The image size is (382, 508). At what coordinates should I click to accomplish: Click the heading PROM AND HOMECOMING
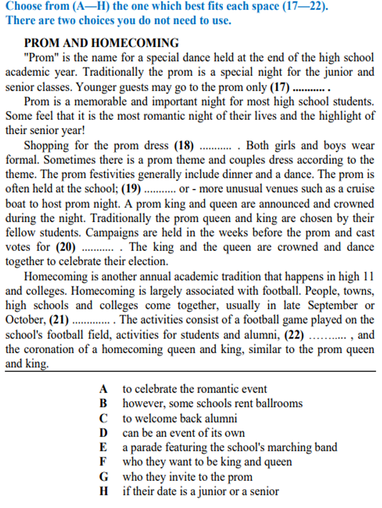(x=101, y=43)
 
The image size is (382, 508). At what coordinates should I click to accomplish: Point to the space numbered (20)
(x=82, y=247)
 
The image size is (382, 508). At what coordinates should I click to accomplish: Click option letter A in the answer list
(x=103, y=389)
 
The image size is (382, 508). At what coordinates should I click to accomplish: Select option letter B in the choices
(x=103, y=403)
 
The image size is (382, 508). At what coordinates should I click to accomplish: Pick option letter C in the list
(x=103, y=418)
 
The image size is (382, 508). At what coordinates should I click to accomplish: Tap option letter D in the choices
(x=103, y=433)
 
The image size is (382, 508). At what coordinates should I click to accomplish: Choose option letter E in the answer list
(x=103, y=447)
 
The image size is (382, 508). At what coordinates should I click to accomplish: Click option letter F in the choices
(x=103, y=462)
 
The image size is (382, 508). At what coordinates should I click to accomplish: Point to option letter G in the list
(x=103, y=477)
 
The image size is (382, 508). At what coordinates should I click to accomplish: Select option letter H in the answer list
(x=103, y=491)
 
